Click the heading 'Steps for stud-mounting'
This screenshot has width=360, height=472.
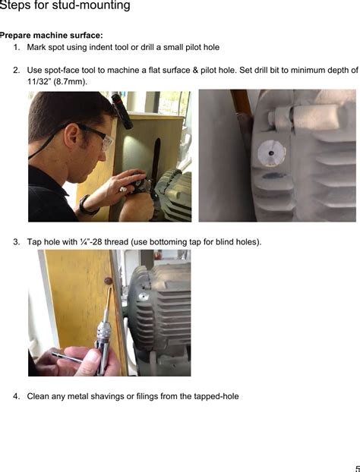(x=65, y=6)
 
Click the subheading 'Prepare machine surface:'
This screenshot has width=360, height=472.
(x=52, y=36)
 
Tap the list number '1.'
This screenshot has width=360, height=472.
(x=17, y=47)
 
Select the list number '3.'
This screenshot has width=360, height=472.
(x=17, y=242)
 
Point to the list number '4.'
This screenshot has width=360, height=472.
(x=17, y=396)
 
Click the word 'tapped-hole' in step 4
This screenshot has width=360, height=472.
(x=216, y=396)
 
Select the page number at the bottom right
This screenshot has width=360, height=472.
(x=356, y=468)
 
